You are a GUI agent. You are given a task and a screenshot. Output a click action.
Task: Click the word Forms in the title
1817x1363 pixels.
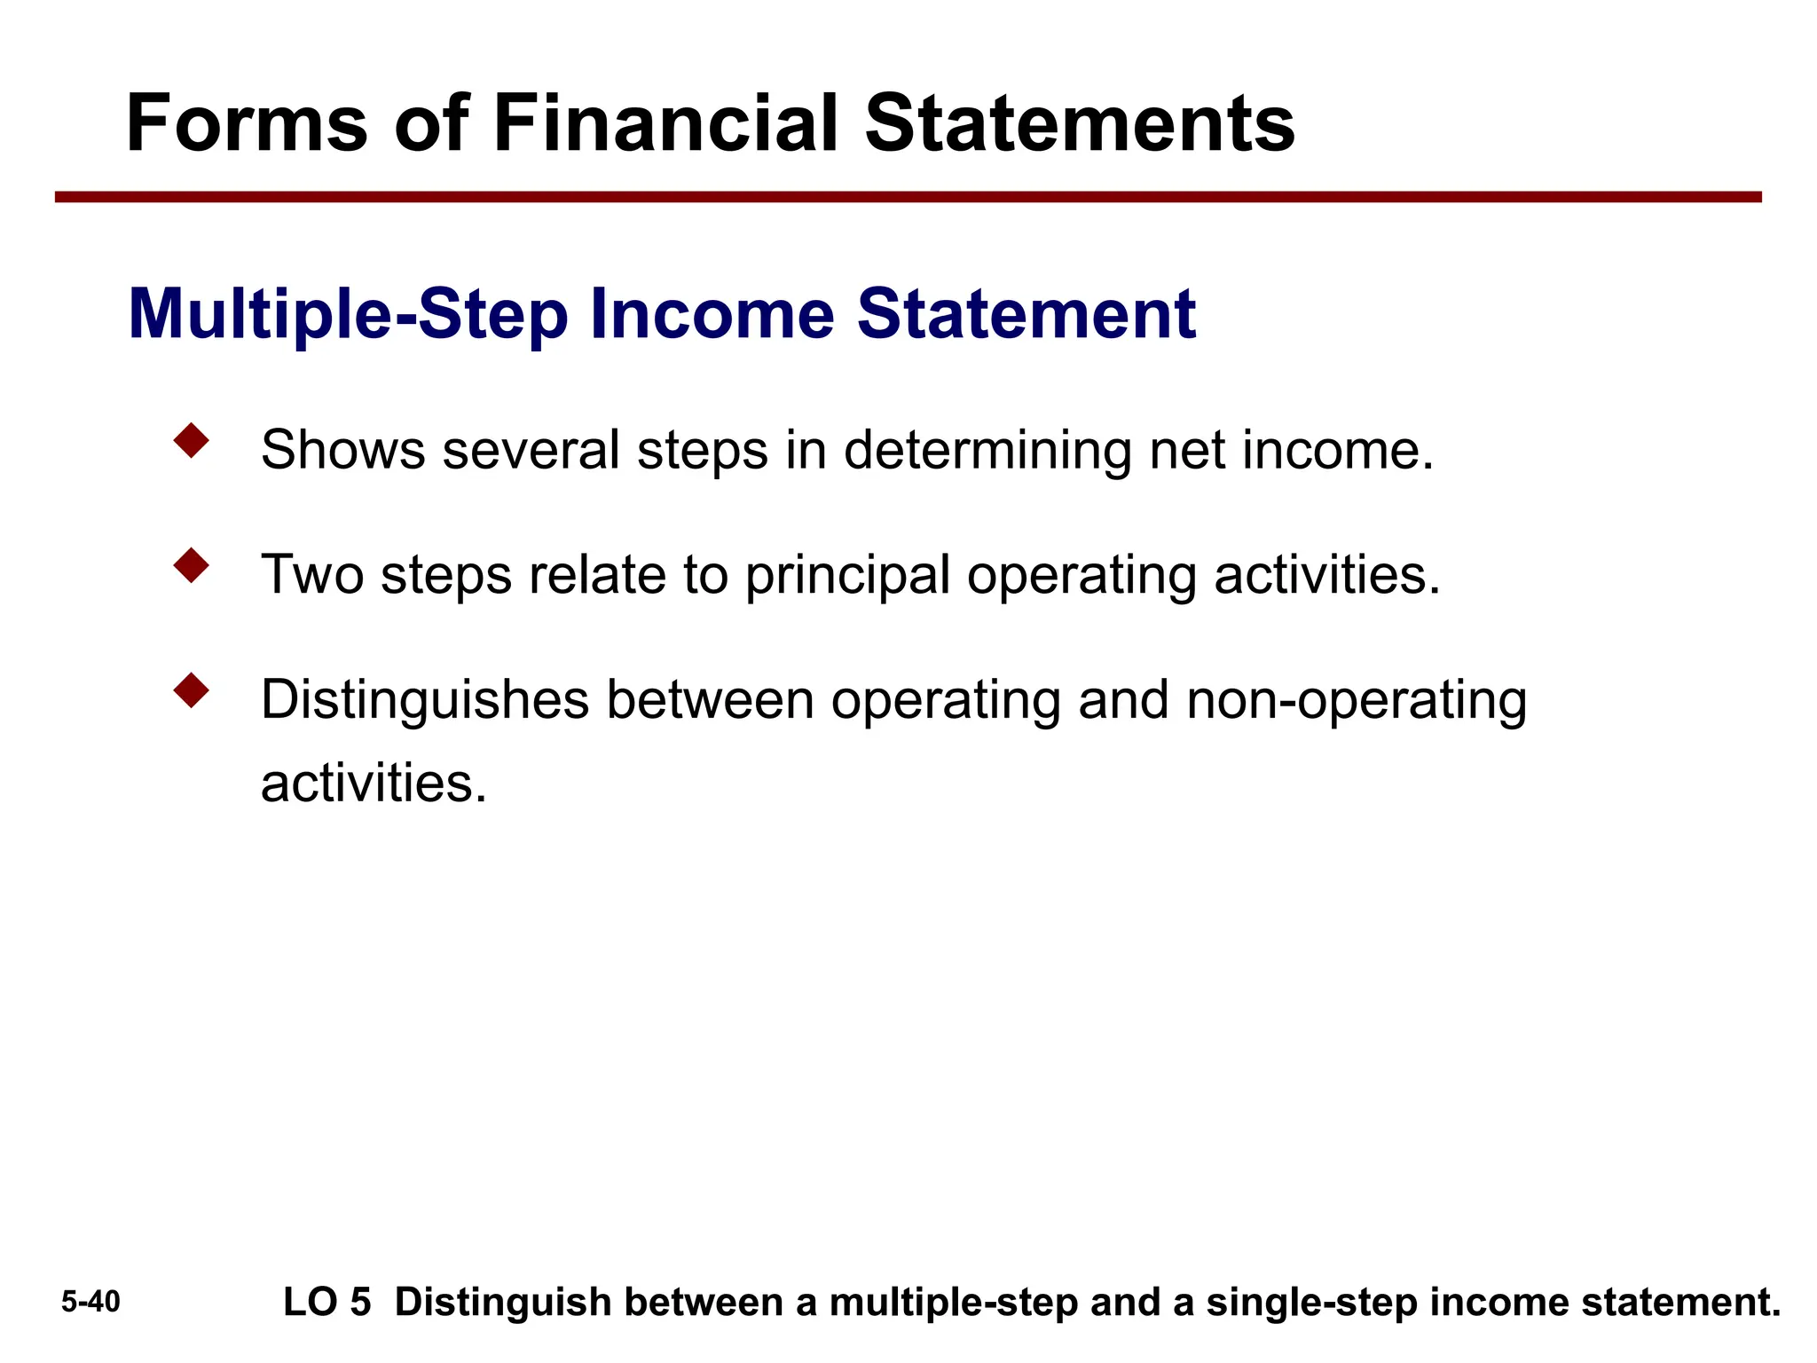(247, 123)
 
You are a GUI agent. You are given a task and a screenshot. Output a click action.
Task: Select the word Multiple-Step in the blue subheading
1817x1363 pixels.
(348, 314)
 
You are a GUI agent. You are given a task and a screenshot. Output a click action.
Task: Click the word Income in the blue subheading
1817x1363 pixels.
(712, 314)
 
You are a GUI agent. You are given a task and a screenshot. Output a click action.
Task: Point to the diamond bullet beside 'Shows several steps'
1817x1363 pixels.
(192, 441)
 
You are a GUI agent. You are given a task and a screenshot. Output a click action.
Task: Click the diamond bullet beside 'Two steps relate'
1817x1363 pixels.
(192, 565)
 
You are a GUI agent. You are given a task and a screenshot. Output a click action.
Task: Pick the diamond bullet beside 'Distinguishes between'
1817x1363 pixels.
(192, 690)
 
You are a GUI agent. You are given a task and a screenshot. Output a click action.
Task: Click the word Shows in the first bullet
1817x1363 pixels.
(343, 450)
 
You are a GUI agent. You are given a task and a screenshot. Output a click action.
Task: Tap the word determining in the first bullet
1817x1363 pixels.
(987, 450)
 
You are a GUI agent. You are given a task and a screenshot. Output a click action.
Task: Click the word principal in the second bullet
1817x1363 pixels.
(847, 576)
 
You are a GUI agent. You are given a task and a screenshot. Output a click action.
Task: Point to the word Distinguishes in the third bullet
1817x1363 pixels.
(425, 700)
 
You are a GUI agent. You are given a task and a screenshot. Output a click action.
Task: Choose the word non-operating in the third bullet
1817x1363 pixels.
(1357, 700)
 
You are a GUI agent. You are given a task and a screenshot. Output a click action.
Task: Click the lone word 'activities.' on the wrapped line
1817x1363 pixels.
(374, 783)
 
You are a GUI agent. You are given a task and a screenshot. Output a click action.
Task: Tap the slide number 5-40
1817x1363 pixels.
(90, 1302)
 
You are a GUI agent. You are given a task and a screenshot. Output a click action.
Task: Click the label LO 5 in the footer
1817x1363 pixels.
(326, 1303)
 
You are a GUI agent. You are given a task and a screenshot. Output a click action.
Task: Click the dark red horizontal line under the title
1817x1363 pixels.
(908, 197)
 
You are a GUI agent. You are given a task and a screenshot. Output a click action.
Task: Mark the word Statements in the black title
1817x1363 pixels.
(1080, 123)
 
